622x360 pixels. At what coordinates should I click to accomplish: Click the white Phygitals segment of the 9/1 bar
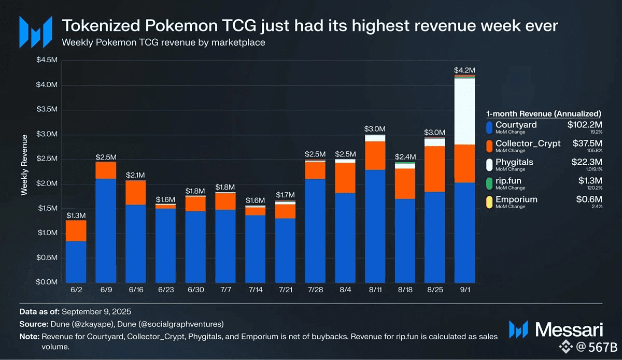click(464, 111)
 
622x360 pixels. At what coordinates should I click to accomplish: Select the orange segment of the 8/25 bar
click(434, 169)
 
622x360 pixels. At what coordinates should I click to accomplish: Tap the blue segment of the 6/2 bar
click(76, 262)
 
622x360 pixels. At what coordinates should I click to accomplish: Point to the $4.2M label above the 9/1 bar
click(464, 70)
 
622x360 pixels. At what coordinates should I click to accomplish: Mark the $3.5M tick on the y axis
click(47, 110)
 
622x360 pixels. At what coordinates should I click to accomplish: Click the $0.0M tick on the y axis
click(47, 283)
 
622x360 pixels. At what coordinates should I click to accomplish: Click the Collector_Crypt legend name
click(528, 143)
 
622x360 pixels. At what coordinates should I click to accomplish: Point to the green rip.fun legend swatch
click(490, 182)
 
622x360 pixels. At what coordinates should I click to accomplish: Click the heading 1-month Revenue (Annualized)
click(544, 113)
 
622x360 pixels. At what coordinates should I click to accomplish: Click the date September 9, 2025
click(96, 312)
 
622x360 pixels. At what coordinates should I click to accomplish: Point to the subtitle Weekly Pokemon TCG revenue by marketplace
click(163, 42)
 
